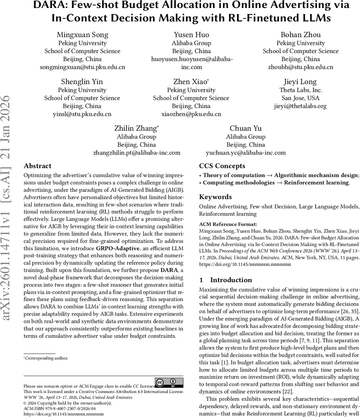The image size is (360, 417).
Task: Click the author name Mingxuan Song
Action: click(x=82, y=35)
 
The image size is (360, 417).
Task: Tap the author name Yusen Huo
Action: click(x=191, y=35)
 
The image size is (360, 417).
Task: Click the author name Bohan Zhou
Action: click(x=300, y=35)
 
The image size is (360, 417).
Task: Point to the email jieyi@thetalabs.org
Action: click(x=300, y=106)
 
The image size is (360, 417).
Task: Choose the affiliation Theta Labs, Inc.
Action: click(x=300, y=90)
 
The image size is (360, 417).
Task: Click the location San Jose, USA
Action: click(x=300, y=98)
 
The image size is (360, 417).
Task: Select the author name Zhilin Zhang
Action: click(x=136, y=129)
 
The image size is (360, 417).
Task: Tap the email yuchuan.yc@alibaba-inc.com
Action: click(x=246, y=153)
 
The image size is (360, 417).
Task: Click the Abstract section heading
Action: click(x=37, y=166)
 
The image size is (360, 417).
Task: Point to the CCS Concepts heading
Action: click(x=222, y=166)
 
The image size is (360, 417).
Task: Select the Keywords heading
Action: click(x=215, y=197)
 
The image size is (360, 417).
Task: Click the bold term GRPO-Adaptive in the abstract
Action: click(x=118, y=248)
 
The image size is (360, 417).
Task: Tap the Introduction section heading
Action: click(x=231, y=280)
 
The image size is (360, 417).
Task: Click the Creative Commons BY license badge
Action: click(x=169, y=383)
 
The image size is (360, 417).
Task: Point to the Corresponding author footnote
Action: click(x=47, y=358)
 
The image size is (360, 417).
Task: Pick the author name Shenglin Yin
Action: click(x=82, y=82)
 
